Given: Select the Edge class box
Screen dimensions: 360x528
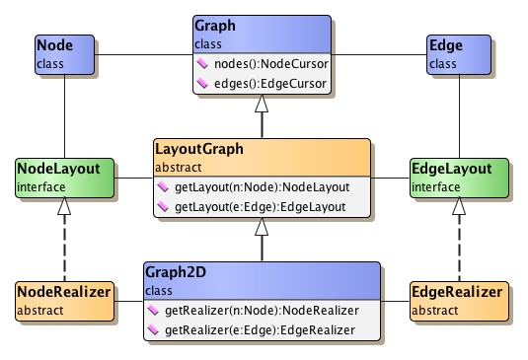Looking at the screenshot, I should click(x=459, y=55).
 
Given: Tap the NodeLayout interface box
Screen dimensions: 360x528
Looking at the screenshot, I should click(x=64, y=178).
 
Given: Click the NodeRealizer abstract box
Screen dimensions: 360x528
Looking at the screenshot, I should click(x=63, y=301).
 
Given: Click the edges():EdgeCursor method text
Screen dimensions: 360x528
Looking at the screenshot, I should click(x=269, y=84).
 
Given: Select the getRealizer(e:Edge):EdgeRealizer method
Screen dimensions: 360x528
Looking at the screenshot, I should click(x=262, y=328).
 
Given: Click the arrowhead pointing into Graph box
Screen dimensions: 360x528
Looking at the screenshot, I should click(x=262, y=106).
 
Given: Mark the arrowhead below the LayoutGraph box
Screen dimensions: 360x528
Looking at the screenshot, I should click(x=262, y=228).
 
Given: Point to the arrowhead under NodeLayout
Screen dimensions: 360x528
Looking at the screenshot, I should click(x=64, y=206).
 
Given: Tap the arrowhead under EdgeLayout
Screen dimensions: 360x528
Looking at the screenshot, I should click(x=458, y=206).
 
